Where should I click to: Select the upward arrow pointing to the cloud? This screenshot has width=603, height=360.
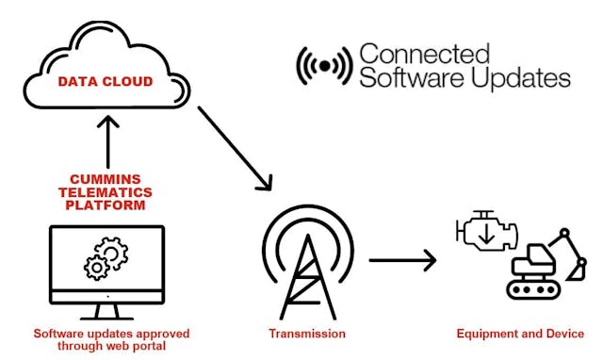tap(108, 140)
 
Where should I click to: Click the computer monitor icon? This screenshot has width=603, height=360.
tap(106, 269)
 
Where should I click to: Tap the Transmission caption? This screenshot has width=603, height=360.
tap(307, 334)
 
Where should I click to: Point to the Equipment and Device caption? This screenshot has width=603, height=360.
tap(520, 334)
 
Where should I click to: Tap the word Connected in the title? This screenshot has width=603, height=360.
tap(425, 53)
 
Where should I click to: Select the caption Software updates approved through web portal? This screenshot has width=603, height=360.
tap(111, 340)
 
